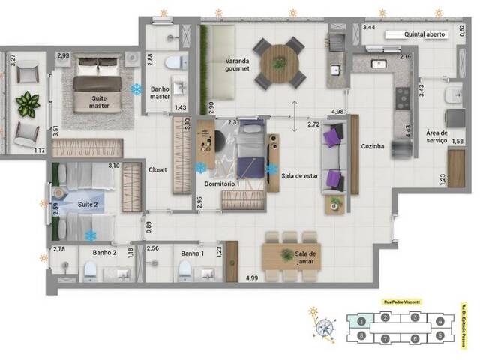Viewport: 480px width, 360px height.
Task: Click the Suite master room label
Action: point(99,103)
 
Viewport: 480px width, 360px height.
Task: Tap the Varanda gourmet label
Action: point(227,65)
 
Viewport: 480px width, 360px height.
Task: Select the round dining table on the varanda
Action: point(279,62)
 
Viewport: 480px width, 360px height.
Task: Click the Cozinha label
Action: point(372,146)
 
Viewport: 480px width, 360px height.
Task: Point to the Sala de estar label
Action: point(298,176)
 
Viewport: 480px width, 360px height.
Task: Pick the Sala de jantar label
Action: point(305,259)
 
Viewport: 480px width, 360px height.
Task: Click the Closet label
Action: point(157,169)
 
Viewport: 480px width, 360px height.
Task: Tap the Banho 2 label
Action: point(105,253)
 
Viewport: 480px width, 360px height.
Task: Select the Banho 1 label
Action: point(191,253)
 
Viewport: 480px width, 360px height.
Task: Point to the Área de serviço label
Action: point(436,136)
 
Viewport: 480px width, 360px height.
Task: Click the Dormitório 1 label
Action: point(221,183)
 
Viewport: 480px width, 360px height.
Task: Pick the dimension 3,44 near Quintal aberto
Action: point(369,27)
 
